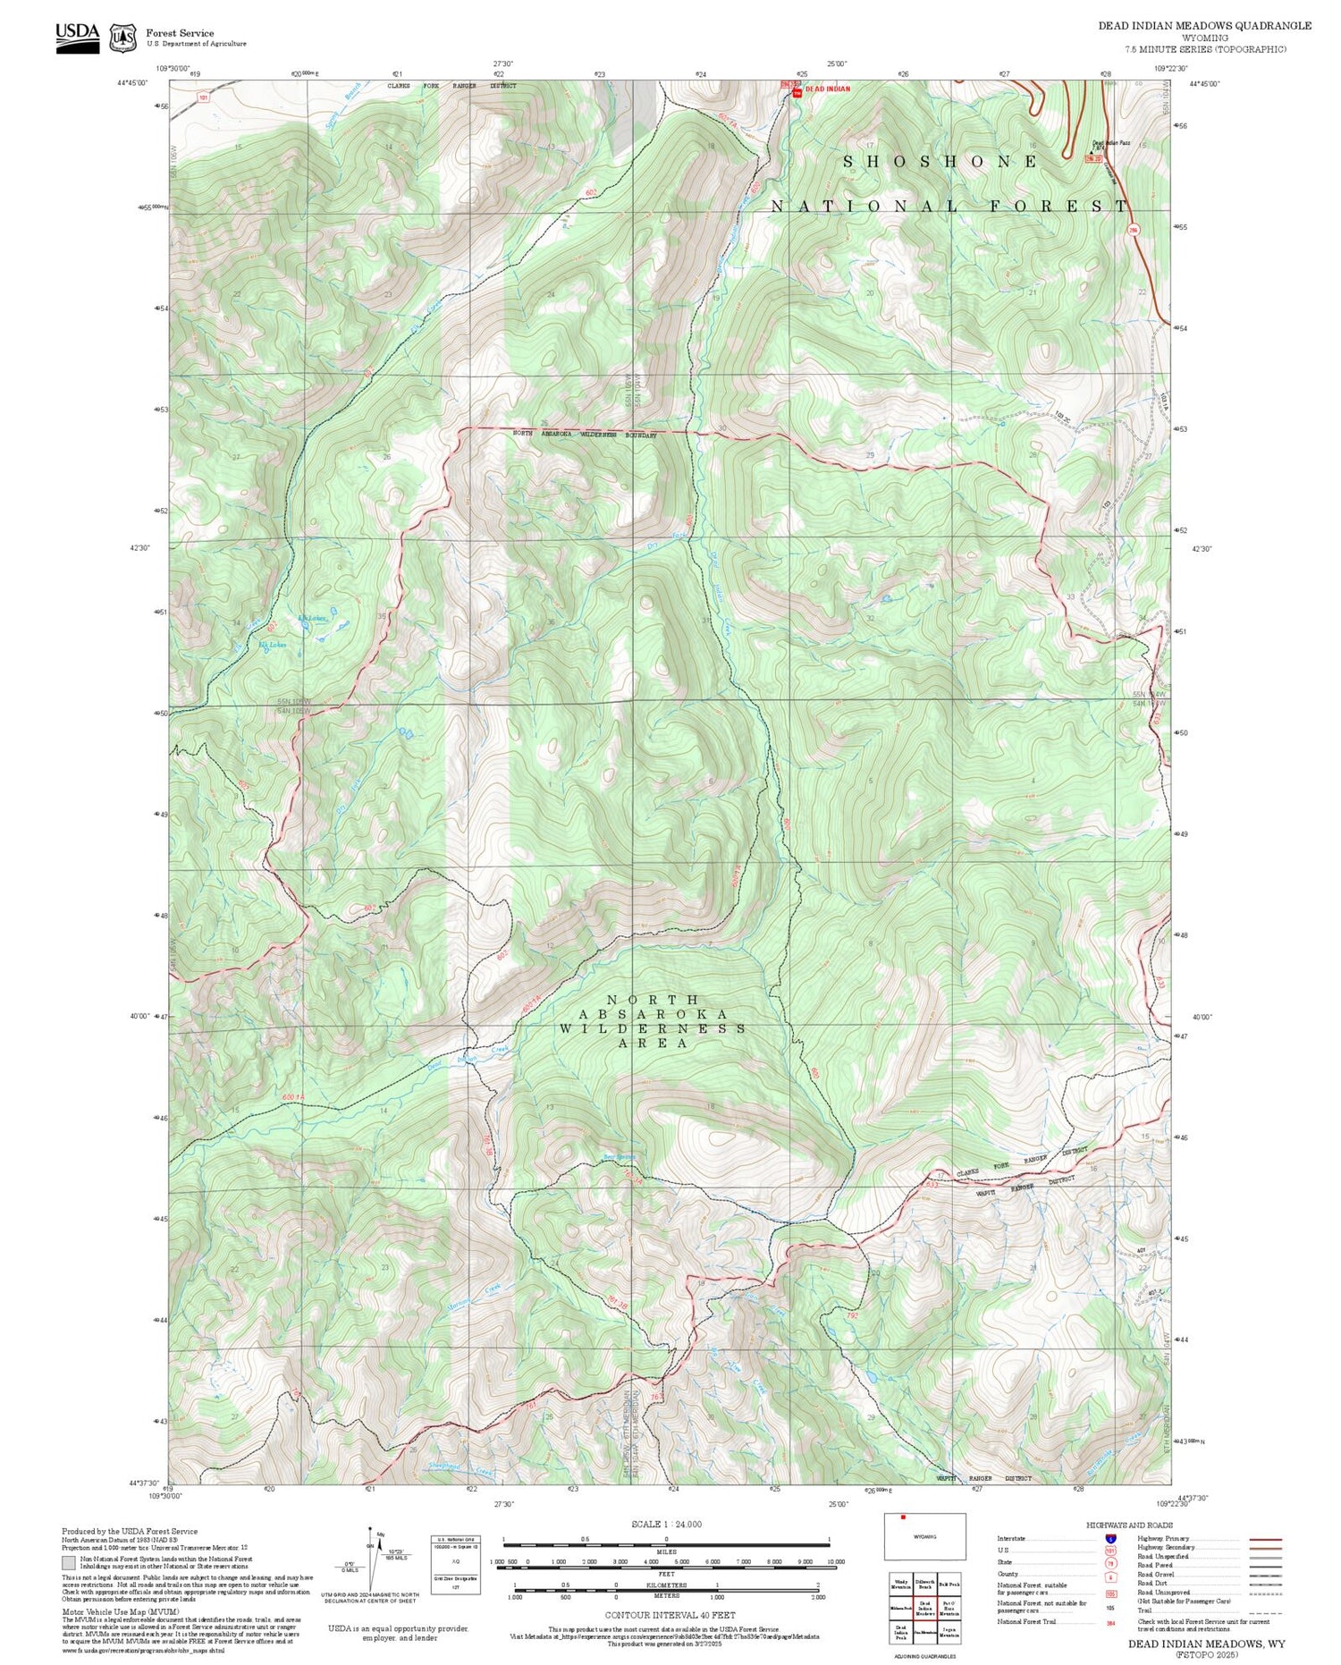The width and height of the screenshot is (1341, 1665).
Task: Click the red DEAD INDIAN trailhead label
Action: (827, 89)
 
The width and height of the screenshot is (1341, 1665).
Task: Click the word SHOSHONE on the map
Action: (941, 162)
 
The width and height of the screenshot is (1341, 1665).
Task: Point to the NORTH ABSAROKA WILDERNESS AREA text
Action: (653, 1021)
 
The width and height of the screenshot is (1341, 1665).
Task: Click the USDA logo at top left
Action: (78, 36)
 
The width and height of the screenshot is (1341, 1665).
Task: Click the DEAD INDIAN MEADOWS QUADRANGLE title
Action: (1204, 26)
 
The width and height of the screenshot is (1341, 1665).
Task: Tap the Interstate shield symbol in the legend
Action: (1110, 1539)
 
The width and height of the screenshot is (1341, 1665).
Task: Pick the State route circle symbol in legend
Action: (1110, 1563)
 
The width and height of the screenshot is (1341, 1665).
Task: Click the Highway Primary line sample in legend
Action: (1261, 1540)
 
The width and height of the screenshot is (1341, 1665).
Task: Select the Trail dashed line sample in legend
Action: (1261, 1611)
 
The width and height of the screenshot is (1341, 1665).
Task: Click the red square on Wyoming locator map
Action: (903, 1517)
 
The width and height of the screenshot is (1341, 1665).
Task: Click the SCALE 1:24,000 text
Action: (666, 1525)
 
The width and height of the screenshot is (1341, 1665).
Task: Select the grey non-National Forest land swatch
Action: (68, 1563)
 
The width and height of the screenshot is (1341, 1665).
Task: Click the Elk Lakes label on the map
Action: (312, 618)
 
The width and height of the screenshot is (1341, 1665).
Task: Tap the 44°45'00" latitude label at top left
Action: (131, 83)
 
